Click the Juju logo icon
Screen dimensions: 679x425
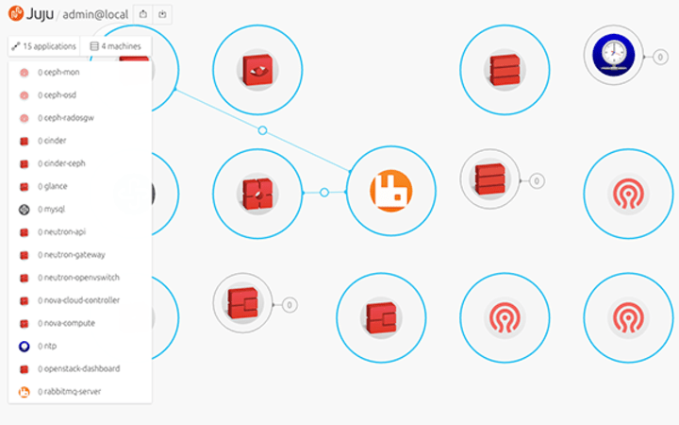[x=16, y=14]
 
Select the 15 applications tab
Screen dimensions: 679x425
[x=44, y=45]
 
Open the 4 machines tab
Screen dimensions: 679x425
[x=117, y=45]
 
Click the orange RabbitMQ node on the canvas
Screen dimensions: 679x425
[x=390, y=192]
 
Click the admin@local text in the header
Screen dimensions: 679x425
[x=95, y=15]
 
